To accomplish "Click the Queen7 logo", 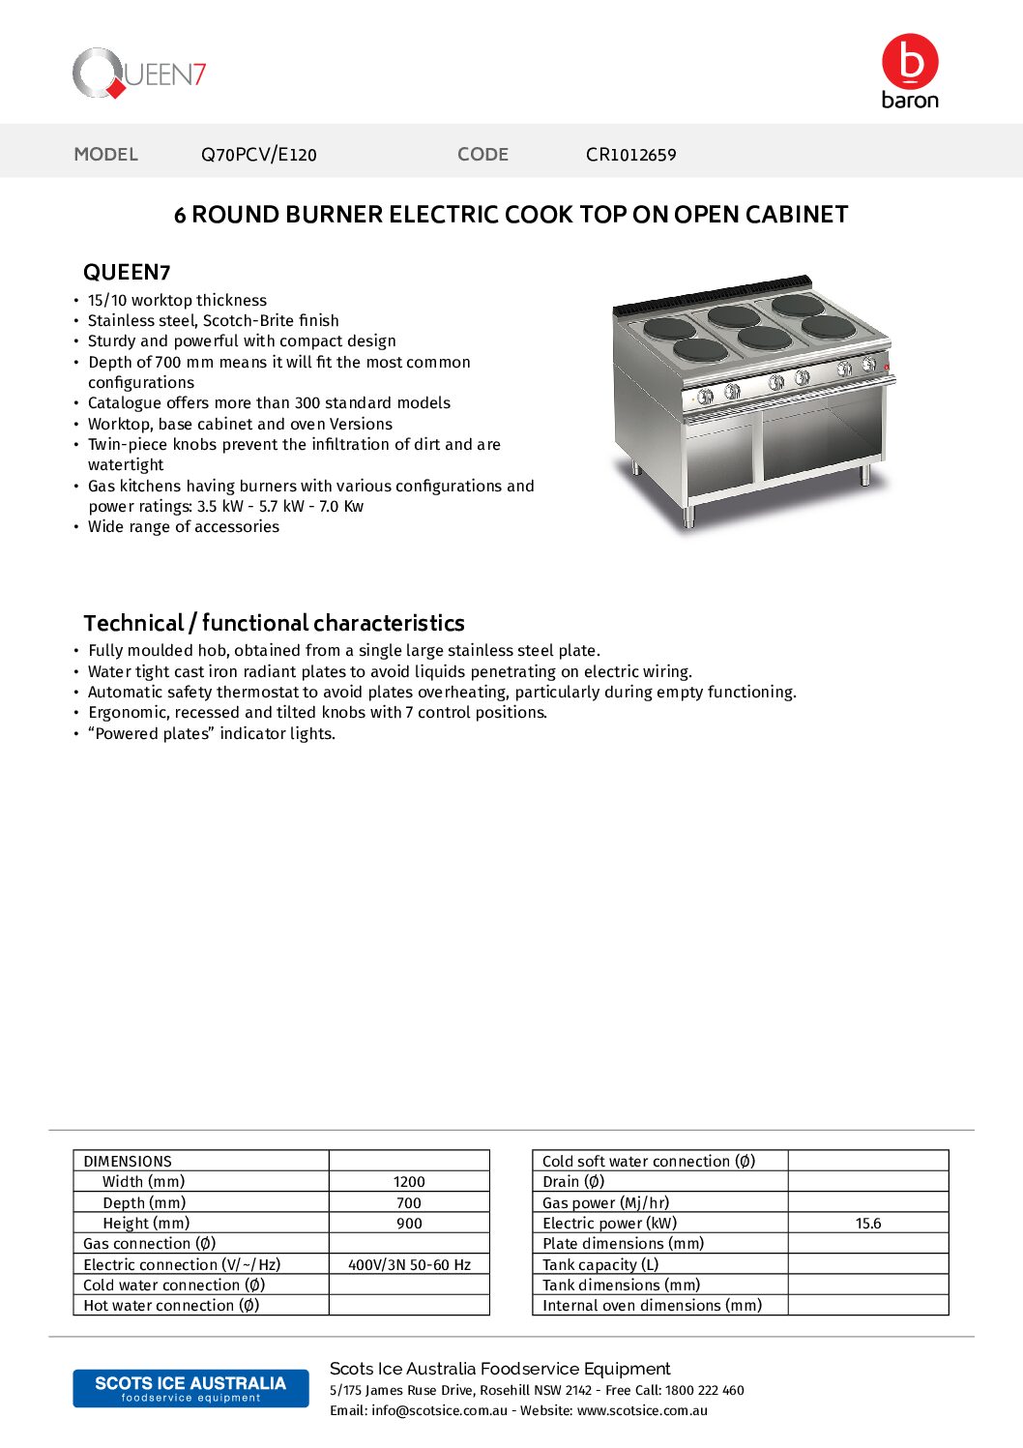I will [138, 74].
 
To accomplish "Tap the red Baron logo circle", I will [909, 61].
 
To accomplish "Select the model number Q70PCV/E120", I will [258, 155].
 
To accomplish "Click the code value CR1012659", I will [630, 155].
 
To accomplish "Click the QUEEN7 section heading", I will [127, 273].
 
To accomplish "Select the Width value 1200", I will [409, 1182].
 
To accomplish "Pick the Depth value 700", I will [409, 1203].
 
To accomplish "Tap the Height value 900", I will [409, 1224].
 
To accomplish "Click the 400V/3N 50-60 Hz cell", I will [409, 1265].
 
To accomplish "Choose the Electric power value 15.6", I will [868, 1224].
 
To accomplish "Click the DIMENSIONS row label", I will [128, 1162].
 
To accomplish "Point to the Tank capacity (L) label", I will [600, 1265].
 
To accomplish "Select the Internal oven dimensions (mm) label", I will [652, 1306].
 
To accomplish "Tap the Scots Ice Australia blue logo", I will [190, 1388].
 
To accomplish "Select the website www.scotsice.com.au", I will [642, 1411].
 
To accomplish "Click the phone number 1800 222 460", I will [704, 1391].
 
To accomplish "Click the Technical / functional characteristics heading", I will [274, 623].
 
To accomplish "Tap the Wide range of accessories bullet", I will [184, 527].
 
